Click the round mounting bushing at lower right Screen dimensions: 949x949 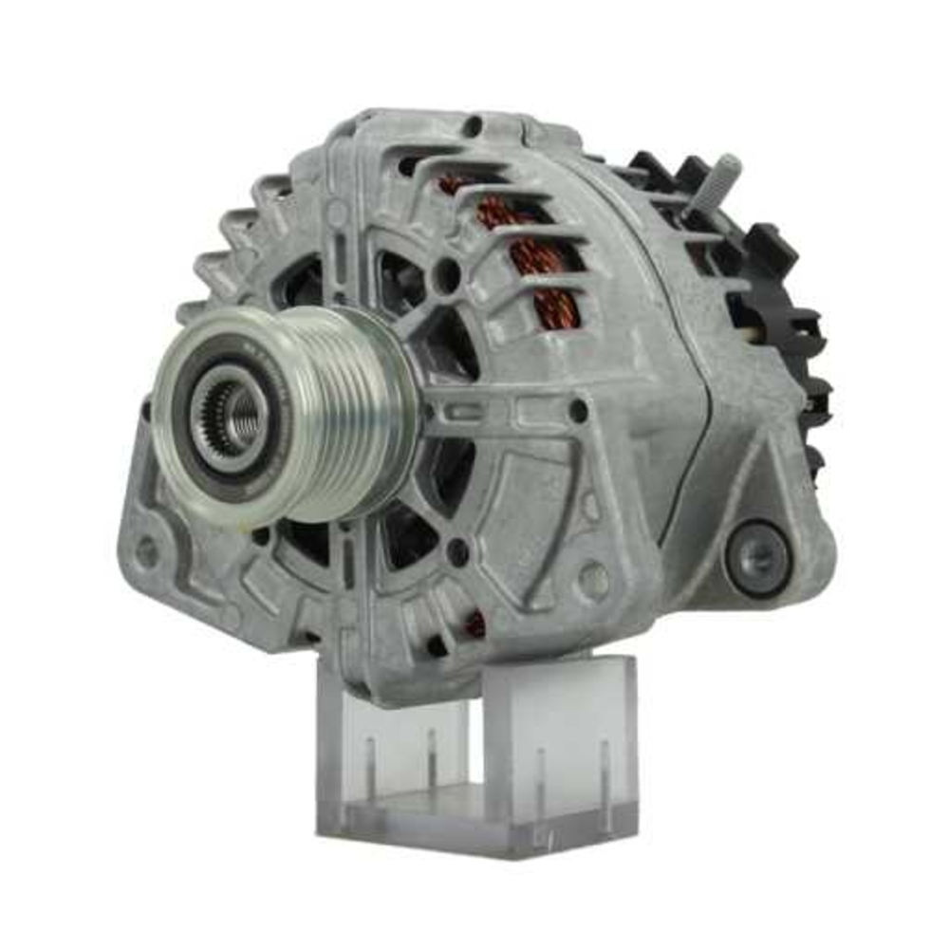click(757, 560)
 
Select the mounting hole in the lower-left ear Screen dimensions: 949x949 click(146, 549)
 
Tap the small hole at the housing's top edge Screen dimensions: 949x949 click(472, 124)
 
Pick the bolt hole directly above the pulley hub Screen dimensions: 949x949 click(446, 275)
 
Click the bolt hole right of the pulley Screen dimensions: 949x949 click(577, 410)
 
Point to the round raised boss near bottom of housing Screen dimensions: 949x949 click(594, 580)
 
